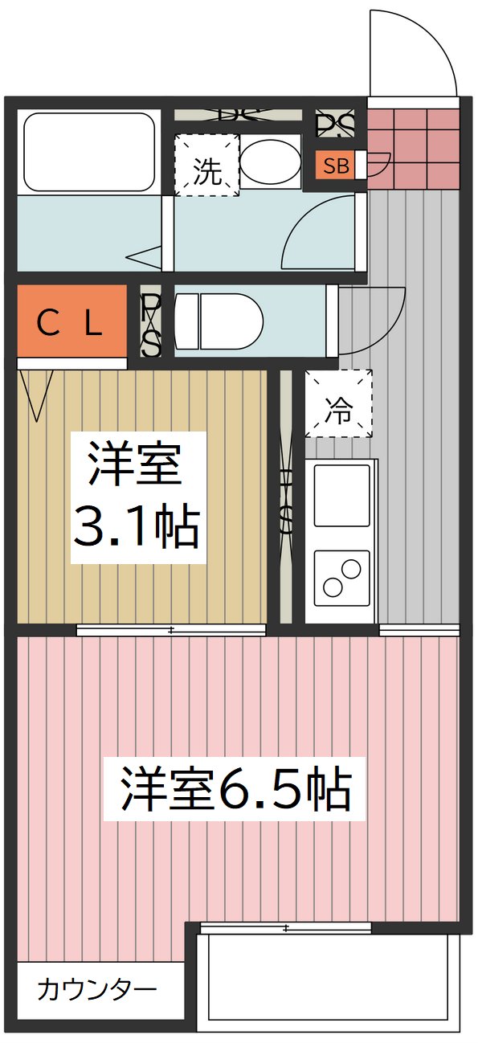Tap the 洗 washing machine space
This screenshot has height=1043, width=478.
207,166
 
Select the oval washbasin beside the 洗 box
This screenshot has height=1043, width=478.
269,162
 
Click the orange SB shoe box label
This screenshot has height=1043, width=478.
336,166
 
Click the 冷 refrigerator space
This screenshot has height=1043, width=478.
338,403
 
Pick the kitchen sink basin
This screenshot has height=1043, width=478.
341,495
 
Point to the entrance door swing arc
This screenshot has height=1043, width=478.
414,48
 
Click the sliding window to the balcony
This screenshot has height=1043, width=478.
285,928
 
